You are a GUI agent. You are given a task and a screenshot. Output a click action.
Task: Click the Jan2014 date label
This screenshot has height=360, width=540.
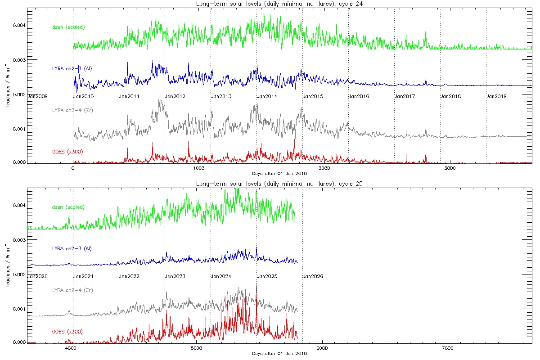(267, 96)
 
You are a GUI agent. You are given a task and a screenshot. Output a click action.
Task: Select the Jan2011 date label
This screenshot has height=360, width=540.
(129, 96)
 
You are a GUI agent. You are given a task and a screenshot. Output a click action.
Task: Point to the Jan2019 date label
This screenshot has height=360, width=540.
(497, 96)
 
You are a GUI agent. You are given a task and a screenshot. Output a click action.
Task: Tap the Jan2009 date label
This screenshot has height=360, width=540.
(37, 96)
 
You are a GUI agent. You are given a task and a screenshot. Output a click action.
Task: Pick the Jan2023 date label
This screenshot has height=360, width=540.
(175, 276)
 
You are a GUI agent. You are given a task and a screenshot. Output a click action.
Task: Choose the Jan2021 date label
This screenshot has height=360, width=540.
(83, 276)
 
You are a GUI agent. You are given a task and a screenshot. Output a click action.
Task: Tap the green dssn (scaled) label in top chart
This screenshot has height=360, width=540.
(68, 27)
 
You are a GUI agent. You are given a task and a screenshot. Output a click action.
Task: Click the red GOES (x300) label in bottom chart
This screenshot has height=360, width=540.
(67, 332)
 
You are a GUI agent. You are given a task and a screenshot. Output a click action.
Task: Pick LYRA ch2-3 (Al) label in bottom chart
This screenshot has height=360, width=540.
(72, 248)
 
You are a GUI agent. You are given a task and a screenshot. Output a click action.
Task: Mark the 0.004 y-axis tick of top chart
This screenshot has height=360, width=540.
(19, 25)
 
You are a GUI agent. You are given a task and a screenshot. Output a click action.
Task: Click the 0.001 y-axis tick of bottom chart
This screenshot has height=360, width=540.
(19, 309)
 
